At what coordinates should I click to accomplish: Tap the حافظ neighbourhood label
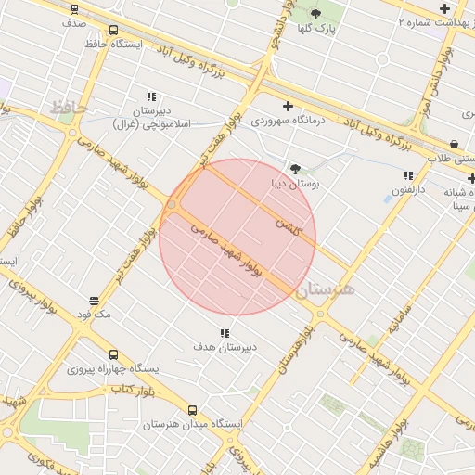[69, 108]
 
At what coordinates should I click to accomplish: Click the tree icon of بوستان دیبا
[295, 169]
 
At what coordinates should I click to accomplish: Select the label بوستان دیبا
[295, 184]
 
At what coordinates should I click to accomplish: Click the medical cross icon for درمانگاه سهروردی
[288, 106]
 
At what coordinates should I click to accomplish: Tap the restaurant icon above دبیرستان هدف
[224, 332]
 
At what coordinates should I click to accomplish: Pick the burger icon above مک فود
[95, 301]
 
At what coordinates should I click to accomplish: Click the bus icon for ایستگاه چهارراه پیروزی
[113, 354]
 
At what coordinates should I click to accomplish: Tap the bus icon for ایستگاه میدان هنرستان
[192, 410]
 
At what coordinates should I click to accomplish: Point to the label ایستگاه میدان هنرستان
[192, 424]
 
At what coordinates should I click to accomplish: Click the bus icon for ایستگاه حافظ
[113, 30]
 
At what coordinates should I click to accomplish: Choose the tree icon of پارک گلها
[315, 13]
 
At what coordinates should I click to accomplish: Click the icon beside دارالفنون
[408, 175]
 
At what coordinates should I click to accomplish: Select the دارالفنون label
[408, 190]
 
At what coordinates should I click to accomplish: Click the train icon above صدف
[74, 8]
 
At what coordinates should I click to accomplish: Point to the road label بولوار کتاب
[132, 389]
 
